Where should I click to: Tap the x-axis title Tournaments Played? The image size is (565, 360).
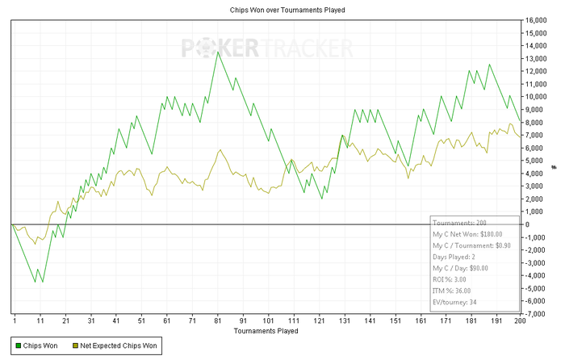[x=266, y=331]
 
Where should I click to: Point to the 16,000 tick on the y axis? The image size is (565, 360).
[x=536, y=20]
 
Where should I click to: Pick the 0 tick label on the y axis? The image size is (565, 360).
[x=527, y=224]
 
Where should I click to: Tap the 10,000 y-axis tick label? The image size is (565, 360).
[x=536, y=97]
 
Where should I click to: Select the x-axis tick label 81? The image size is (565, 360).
[x=217, y=320]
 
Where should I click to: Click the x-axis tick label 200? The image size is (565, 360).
[x=520, y=320]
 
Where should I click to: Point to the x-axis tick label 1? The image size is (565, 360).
[x=15, y=320]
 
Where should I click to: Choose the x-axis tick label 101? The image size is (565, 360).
[x=268, y=320]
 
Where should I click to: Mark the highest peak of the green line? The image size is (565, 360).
[x=218, y=52]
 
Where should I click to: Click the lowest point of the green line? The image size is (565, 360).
[x=36, y=282]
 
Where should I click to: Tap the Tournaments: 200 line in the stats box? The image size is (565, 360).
[x=458, y=222]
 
